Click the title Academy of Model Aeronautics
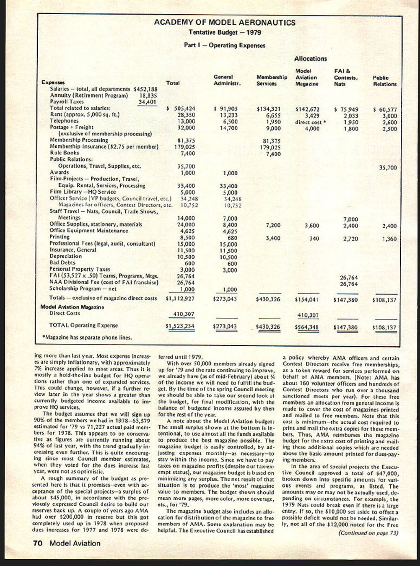pyautogui.click(x=224, y=23)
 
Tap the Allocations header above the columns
pyautogui.click(x=310, y=59)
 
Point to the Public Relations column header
pyautogui.click(x=384, y=81)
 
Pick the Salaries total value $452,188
pyautogui.click(x=145, y=89)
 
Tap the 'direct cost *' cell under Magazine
pyautogui.click(x=311, y=122)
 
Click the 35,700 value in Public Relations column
pyautogui.click(x=388, y=167)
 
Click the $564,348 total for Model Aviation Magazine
pyautogui.click(x=307, y=327)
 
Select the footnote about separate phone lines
pyautogui.click(x=87, y=337)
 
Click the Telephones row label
pyautogui.click(x=64, y=121)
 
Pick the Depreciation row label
pyautogui.click(x=65, y=256)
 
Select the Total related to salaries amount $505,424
pyautogui.click(x=181, y=108)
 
